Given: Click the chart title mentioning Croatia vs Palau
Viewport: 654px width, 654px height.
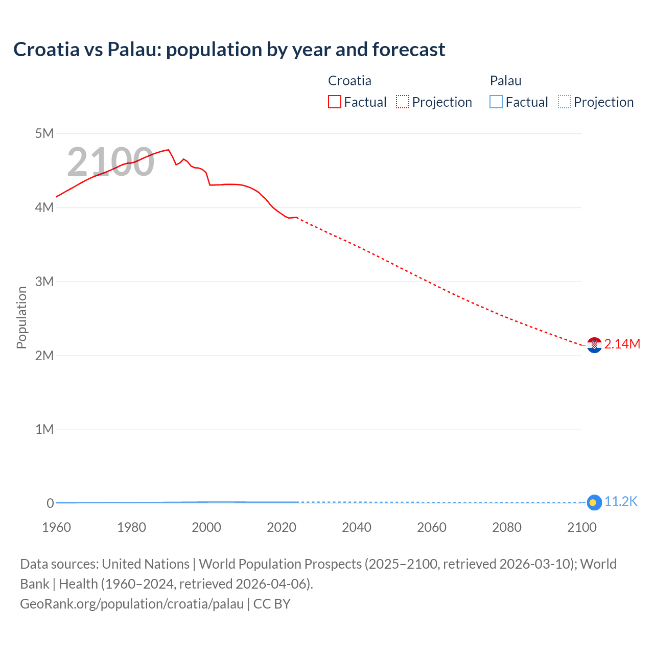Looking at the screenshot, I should [x=229, y=50].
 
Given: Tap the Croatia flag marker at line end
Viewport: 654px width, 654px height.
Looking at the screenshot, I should [x=594, y=345].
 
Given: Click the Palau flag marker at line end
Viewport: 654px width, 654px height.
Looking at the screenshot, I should [x=594, y=503].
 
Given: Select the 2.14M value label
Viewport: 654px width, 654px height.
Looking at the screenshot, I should [x=622, y=344].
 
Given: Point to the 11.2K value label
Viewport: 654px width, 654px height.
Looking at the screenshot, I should [x=621, y=502].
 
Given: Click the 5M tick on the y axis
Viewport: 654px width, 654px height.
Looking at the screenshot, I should [x=44, y=134].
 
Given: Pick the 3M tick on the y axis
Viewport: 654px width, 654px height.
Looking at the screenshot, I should [x=44, y=282].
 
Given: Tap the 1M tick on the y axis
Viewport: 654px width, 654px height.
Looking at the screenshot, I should [x=44, y=429].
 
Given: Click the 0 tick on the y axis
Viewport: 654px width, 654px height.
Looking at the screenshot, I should [x=50, y=503].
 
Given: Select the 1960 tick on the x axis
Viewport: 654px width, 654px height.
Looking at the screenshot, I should [x=56, y=527].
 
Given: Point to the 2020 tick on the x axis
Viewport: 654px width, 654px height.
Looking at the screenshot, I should [x=282, y=527].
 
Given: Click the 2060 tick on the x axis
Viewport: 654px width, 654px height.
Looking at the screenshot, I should [x=432, y=527].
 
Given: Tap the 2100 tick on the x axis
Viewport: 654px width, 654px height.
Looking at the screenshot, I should [x=581, y=527].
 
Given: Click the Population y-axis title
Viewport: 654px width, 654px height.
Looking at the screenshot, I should [x=21, y=317].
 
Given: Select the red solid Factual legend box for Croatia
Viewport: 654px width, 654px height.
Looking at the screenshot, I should [x=335, y=102].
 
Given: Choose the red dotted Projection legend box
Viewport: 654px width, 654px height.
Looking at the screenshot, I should [x=403, y=102].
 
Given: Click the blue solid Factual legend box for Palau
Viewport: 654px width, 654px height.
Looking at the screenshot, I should [x=496, y=102].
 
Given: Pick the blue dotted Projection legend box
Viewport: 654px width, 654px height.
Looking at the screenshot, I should [x=564, y=102].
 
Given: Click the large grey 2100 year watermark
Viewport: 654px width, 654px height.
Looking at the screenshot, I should [x=110, y=162].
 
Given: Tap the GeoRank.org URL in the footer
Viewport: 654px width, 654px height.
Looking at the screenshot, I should [x=132, y=604].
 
